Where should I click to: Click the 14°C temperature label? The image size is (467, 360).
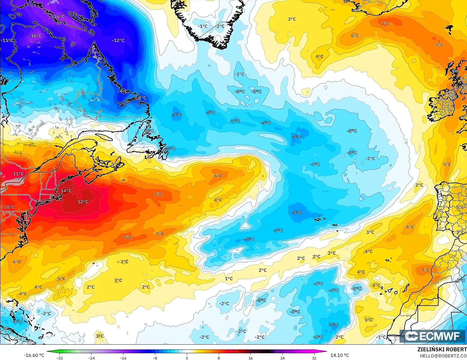(66, 191)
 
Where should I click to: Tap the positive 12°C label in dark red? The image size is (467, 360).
(83, 202)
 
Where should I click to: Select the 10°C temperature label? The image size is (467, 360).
(9, 207)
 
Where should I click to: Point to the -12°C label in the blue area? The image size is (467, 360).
(118, 41)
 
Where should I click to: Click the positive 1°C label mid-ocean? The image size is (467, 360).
(229, 279)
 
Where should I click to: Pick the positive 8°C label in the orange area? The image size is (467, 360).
(158, 194)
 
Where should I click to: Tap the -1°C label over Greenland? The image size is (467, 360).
(203, 26)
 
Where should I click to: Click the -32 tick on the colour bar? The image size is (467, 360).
(59, 358)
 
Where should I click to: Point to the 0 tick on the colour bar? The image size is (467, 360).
(187, 358)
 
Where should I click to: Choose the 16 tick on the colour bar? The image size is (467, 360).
(250, 358)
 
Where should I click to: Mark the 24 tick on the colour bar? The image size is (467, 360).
(282, 358)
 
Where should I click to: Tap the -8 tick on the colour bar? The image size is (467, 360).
(155, 358)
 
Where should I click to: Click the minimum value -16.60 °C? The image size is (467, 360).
(34, 355)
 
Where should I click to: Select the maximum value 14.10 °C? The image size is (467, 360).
(340, 355)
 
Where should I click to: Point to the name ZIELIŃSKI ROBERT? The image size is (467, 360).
(442, 349)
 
